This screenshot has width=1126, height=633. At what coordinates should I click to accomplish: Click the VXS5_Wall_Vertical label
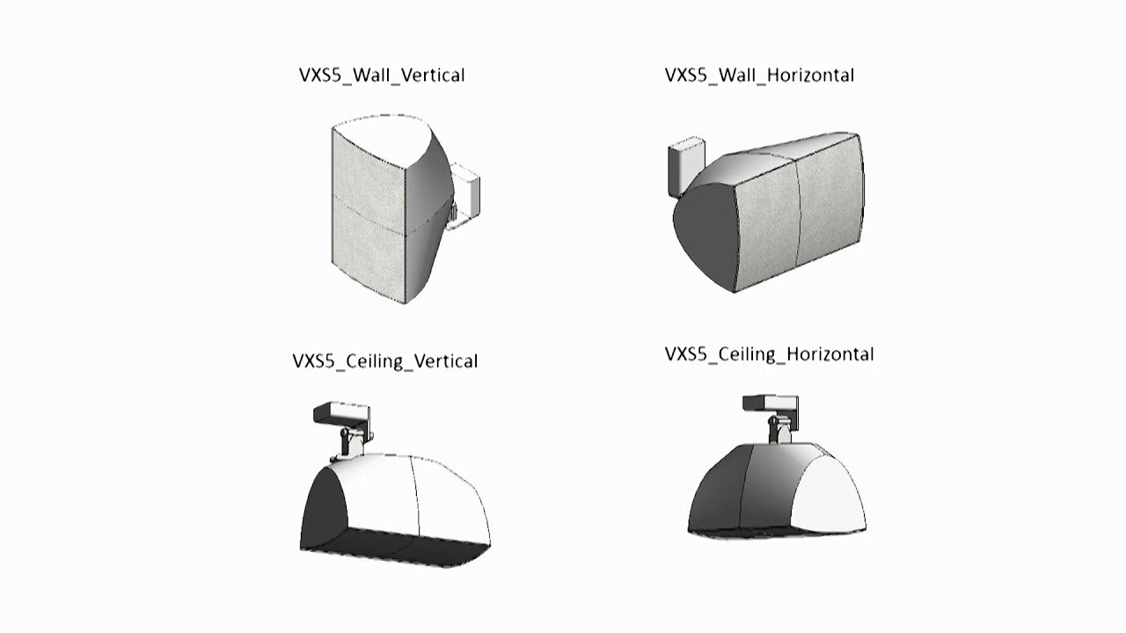point(382,76)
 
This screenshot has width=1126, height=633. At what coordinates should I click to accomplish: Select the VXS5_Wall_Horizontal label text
point(759,76)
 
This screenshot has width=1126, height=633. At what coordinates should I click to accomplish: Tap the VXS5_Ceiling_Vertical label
point(384,361)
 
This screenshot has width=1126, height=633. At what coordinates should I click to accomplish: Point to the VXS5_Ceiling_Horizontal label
point(769,354)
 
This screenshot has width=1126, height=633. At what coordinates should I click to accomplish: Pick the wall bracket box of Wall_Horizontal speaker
point(685,164)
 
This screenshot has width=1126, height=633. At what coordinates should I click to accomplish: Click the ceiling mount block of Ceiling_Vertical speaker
point(340,414)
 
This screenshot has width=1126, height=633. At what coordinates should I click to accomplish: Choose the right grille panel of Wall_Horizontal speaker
point(830,206)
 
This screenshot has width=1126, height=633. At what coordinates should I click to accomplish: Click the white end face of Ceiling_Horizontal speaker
point(831,492)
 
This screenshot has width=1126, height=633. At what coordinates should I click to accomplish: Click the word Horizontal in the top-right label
point(810,76)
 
